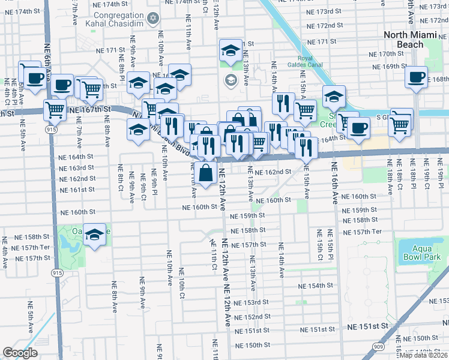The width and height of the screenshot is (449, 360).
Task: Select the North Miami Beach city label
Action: pos(411,39)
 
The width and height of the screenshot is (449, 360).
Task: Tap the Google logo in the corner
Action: pos(20,353)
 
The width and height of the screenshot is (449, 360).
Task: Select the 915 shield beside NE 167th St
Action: pos(51,129)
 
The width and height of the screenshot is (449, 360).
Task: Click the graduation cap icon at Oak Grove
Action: pos(94,235)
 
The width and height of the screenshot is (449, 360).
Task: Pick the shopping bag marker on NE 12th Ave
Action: pos(205,173)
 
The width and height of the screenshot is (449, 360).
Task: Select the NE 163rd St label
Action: pos(77,168)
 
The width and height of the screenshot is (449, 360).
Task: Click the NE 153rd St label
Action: pos(250,302)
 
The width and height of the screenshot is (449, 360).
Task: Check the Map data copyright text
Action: pos(424,355)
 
